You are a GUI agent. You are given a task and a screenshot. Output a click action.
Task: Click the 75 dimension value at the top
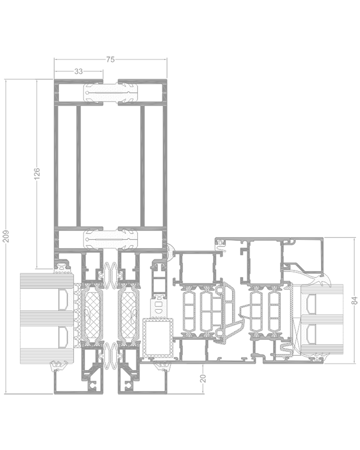click(x=110, y=59)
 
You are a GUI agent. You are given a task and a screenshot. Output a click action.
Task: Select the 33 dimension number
click(x=78, y=71)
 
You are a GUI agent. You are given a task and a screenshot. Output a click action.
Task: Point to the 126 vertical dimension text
click(x=36, y=173)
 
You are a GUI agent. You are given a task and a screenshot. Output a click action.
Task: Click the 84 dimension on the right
click(x=354, y=300)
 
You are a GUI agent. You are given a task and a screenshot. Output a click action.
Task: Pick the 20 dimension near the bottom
click(x=203, y=378)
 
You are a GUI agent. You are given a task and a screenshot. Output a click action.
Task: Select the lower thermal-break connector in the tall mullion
click(x=110, y=239)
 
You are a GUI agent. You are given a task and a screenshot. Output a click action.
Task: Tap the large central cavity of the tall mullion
click(x=110, y=165)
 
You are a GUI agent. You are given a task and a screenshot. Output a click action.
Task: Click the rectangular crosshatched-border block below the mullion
click(x=157, y=336)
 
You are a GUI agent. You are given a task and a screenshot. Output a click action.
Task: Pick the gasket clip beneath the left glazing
click(x=60, y=366)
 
